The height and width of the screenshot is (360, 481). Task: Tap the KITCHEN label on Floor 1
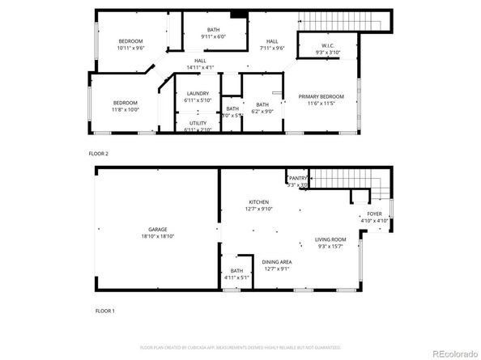[x=258, y=202]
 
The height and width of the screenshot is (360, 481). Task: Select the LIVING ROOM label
[x=330, y=239]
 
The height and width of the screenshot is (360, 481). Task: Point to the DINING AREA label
[x=276, y=261]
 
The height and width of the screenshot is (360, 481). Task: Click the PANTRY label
[x=298, y=178]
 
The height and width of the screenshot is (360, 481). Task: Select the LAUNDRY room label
[x=198, y=94]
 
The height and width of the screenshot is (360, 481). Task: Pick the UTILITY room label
[x=198, y=122]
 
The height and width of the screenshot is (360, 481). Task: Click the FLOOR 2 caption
[x=99, y=153]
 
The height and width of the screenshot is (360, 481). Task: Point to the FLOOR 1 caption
[x=105, y=311]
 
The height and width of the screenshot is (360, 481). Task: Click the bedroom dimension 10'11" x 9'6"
[x=131, y=48]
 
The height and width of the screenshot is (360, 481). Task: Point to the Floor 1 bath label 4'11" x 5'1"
[x=236, y=278]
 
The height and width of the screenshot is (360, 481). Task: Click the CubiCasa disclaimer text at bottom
[x=240, y=347]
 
